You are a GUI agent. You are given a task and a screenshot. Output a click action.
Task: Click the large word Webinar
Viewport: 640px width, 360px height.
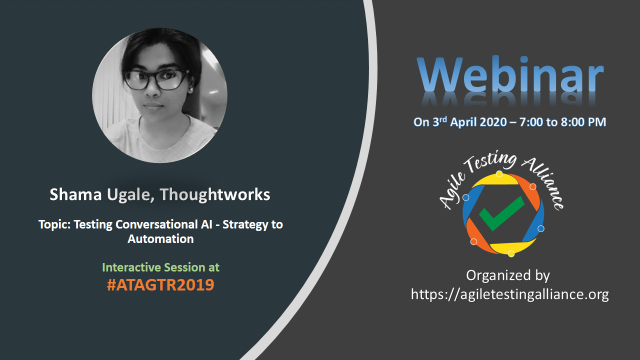[x=510, y=75]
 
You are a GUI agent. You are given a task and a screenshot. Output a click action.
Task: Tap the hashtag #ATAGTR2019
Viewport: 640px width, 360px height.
[x=160, y=285]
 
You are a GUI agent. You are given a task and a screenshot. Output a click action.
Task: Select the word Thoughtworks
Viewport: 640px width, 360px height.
[x=215, y=195]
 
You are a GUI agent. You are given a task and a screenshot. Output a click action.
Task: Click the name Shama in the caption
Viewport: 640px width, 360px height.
[x=75, y=195]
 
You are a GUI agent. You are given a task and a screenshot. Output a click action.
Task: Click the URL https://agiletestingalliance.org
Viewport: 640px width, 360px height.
[x=510, y=294]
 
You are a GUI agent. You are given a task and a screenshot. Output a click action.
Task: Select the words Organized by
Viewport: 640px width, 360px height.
[x=508, y=275]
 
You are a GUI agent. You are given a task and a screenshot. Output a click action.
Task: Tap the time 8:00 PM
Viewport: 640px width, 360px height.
[x=583, y=122]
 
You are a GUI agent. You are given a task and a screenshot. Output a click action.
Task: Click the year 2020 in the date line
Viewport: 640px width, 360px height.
[x=493, y=122]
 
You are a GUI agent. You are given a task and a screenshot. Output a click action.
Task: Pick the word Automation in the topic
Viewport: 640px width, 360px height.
[x=160, y=239]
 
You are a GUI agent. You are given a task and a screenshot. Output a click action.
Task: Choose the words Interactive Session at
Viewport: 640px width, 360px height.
[x=160, y=267]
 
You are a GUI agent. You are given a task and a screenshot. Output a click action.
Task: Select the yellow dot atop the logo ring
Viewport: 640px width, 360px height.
[x=499, y=174]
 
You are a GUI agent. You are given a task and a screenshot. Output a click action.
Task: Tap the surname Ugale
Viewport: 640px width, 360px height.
[x=130, y=195]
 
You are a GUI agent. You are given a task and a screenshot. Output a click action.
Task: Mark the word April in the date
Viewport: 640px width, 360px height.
[x=464, y=122]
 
